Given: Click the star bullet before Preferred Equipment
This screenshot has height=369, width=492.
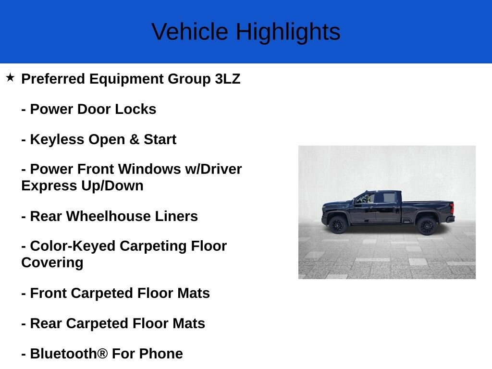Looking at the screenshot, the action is [10, 77].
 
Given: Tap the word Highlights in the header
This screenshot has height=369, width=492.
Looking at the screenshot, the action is [288, 32].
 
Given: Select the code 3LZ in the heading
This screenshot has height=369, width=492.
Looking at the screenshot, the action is [227, 79].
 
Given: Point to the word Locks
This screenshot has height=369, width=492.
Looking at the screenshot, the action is [135, 109].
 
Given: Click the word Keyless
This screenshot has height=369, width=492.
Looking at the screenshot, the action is [57, 139].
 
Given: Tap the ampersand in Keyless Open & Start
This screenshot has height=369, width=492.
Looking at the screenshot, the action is [135, 139].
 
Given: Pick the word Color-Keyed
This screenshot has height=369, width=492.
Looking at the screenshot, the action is [73, 246].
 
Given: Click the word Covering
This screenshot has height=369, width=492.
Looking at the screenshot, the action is [52, 263].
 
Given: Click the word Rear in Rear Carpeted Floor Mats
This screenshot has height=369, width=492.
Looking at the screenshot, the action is [46, 323].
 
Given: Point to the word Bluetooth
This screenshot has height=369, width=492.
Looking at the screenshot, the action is [64, 354].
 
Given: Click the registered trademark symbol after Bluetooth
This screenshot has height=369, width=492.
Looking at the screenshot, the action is [103, 354].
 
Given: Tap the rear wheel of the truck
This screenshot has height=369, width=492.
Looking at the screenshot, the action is [427, 226].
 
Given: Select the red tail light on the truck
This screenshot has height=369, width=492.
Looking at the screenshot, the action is [452, 209].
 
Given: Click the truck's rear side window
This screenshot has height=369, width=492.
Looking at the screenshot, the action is [389, 197].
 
